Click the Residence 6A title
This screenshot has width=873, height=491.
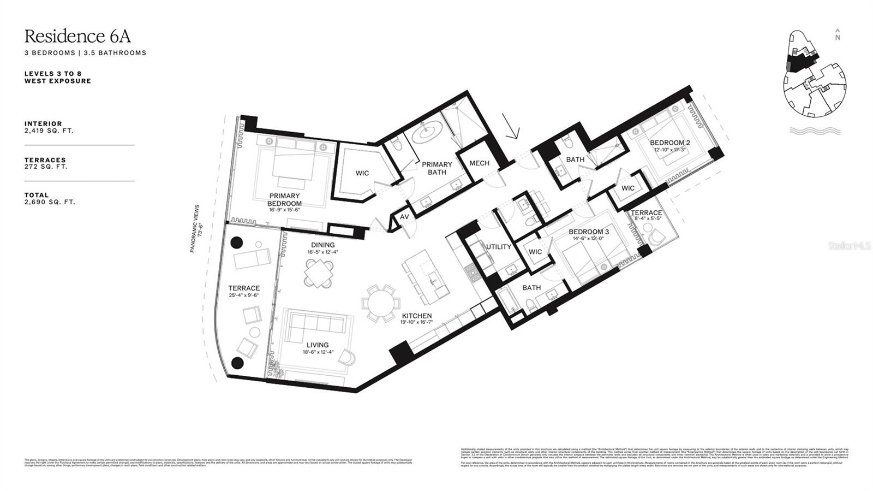[x=77, y=37]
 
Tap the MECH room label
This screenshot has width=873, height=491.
[x=479, y=163]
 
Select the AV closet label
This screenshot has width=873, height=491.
[x=404, y=217]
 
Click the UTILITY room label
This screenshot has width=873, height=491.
[x=499, y=247]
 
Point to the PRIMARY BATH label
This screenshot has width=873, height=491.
[x=437, y=168]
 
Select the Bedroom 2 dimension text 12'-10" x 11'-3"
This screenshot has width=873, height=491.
[x=669, y=150]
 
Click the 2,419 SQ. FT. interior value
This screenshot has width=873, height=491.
[x=49, y=131]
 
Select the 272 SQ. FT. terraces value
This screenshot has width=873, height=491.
[x=46, y=167]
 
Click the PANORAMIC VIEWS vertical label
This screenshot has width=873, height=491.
[x=197, y=228]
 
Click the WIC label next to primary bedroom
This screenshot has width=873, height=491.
[x=362, y=173]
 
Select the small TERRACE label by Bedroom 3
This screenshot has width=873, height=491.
[x=646, y=212]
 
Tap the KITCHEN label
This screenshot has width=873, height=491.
[x=417, y=316]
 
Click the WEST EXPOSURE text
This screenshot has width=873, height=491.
[x=57, y=81]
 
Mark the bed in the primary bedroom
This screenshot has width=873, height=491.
[x=295, y=163]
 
